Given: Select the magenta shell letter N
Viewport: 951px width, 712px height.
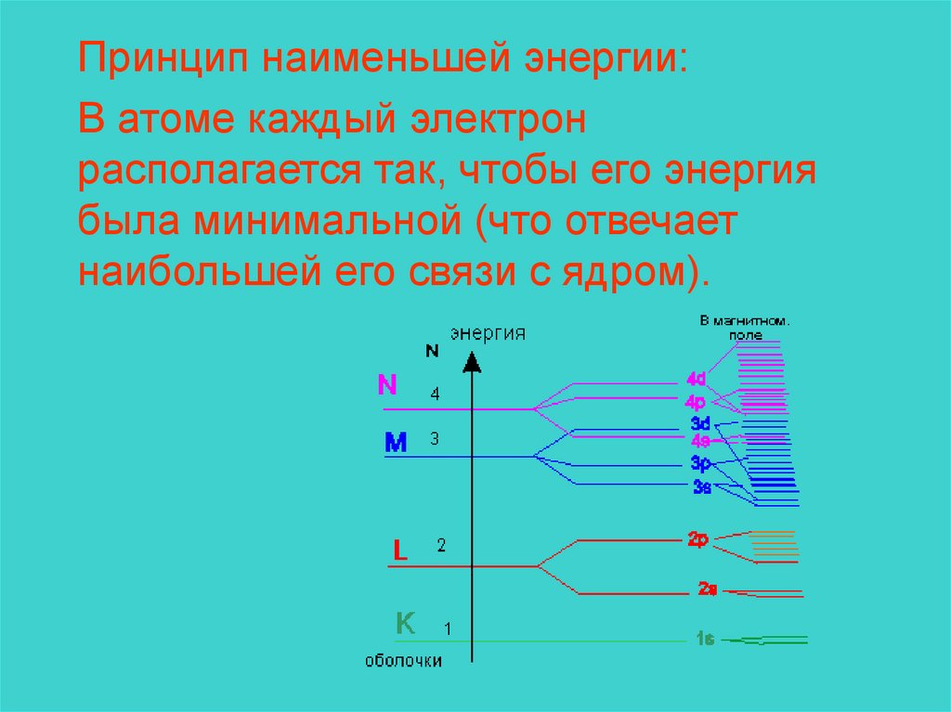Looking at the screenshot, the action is (388, 385).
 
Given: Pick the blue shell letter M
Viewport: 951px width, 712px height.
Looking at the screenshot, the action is (396, 444).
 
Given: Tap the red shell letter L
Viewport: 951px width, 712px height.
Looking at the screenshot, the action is (400, 550).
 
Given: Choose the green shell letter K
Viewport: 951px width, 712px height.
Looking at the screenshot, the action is (406, 623).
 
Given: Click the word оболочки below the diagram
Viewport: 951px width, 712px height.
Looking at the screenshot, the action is (404, 661).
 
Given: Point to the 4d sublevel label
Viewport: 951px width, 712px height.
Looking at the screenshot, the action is (697, 379).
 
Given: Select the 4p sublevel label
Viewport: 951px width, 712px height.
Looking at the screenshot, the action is (696, 402).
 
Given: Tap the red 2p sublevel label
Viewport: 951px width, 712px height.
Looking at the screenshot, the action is (698, 538).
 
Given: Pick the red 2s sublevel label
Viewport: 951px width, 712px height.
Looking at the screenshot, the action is (707, 589).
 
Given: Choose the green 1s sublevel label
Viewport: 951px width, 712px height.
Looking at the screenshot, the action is (704, 639).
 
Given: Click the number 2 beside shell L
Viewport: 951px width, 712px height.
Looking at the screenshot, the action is (441, 546).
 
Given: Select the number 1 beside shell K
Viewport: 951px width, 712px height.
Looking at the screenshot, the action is (448, 629).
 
